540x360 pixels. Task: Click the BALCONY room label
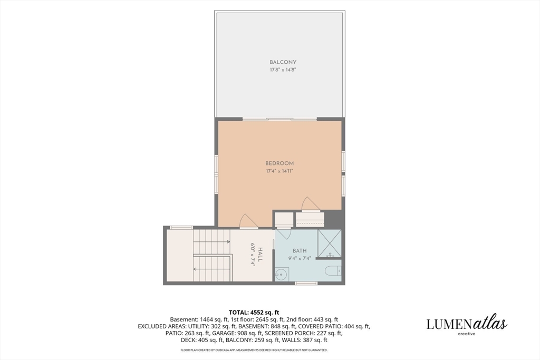283,62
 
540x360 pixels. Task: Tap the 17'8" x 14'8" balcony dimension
283,70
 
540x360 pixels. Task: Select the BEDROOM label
279,163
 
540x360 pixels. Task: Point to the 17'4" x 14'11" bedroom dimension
279,171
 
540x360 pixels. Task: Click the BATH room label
300,251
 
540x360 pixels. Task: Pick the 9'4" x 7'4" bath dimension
300,258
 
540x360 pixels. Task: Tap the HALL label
261,255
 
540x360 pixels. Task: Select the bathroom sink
282,274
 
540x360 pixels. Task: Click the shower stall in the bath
330,244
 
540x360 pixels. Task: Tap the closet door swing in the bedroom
310,204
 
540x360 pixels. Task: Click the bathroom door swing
284,233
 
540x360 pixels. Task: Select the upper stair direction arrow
211,242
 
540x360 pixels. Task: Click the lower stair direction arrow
211,269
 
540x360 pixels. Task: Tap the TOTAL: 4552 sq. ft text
254,313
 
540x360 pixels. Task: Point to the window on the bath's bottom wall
306,283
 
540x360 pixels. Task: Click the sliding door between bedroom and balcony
279,120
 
